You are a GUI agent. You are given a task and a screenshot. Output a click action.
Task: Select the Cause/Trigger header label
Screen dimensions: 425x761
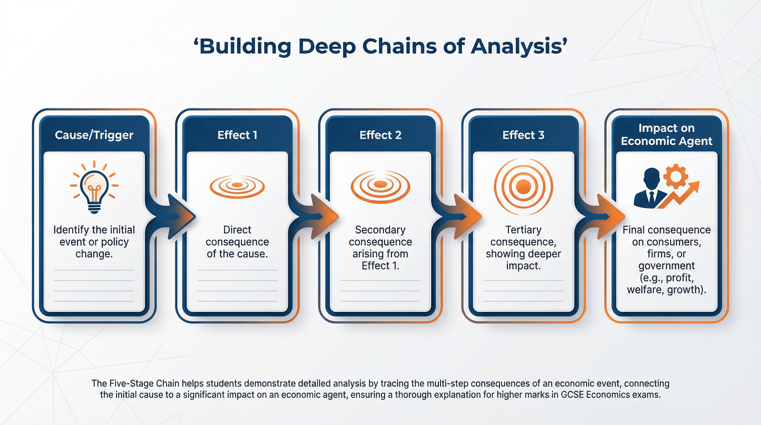click(94, 135)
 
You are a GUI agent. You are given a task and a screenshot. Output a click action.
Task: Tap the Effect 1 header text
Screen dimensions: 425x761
click(237, 135)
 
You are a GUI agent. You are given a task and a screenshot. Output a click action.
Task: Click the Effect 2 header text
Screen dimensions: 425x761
click(380, 135)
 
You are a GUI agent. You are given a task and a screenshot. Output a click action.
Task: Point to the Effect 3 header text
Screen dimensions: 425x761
click(523, 135)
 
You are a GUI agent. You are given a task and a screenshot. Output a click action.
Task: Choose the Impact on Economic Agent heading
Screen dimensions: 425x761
click(666, 134)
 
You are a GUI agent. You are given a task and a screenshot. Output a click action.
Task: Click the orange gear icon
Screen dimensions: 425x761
click(675, 177)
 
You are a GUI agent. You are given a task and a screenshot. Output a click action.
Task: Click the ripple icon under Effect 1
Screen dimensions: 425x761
click(237, 186)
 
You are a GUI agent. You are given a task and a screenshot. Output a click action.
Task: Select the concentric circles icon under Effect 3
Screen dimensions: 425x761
click(523, 186)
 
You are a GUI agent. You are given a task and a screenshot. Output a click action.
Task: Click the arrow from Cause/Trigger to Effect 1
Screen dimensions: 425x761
click(177, 216)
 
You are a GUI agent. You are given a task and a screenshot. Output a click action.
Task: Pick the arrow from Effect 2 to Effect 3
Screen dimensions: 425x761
click(464, 216)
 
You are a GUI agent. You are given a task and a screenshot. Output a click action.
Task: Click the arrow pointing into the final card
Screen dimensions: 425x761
click(607, 216)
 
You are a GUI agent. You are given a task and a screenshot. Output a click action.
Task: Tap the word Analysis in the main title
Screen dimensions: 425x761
click(516, 46)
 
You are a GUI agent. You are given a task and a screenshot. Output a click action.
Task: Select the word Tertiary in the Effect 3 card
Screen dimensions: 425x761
click(523, 230)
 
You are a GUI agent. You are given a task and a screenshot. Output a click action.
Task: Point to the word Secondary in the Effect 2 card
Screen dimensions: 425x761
click(380, 230)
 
